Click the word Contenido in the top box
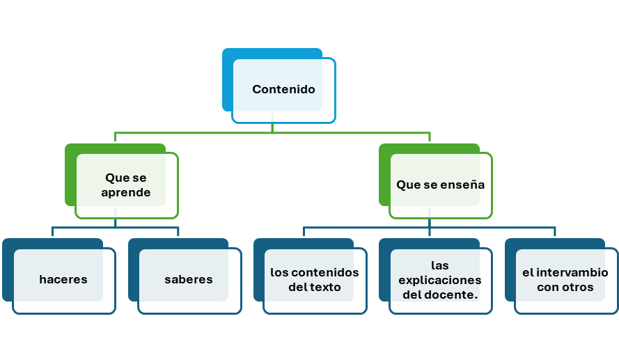point(283,89)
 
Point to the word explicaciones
point(440,280)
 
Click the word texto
point(327,287)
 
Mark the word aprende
point(126,193)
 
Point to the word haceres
point(63,279)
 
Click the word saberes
point(189,279)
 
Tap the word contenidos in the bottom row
point(326,272)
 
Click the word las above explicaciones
point(440,265)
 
